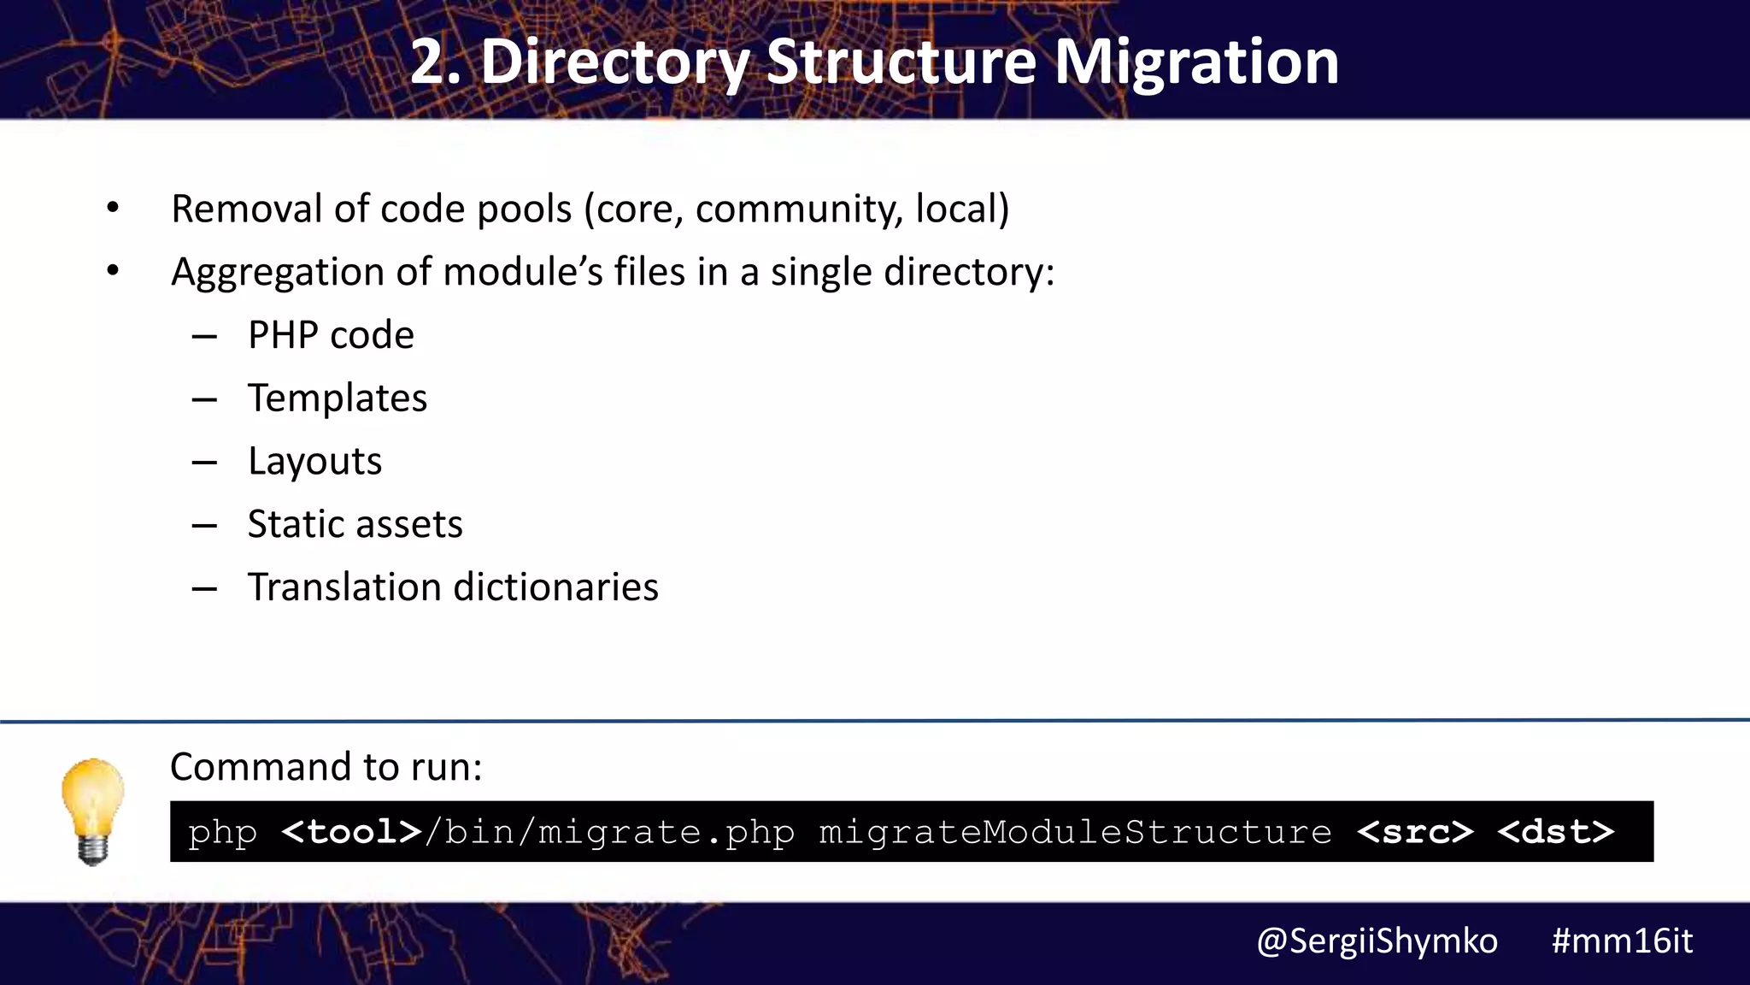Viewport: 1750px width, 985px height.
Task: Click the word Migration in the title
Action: tap(1196, 63)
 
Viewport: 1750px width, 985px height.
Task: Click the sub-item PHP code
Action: tap(331, 335)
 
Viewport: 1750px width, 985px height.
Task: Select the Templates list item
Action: tap(338, 398)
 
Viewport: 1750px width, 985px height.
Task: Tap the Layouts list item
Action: tap(314, 462)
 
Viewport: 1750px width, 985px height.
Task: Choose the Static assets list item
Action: tap(355, 524)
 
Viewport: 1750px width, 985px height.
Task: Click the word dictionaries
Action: tap(556, 587)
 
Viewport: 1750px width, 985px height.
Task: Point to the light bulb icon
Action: tap(92, 811)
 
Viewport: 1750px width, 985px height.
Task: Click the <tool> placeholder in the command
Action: tap(351, 832)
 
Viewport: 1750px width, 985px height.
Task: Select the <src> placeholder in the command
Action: tap(1415, 832)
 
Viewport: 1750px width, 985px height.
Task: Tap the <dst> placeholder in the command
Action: tap(1556, 832)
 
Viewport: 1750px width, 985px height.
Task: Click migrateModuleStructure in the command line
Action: tap(1075, 832)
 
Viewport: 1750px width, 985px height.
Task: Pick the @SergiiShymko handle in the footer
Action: tap(1377, 941)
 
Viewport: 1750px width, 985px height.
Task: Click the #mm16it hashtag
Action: tap(1622, 941)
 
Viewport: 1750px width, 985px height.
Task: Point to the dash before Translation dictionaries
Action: tap(204, 589)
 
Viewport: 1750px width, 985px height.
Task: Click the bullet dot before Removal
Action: tap(113, 208)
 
